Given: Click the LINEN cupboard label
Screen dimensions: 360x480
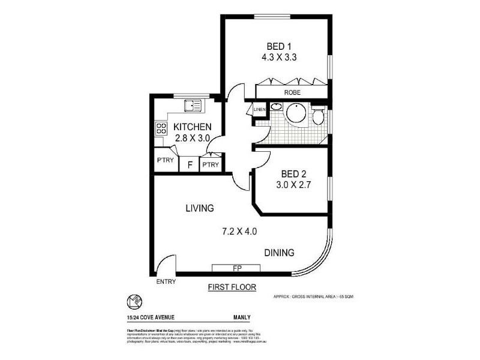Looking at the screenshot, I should (x=259, y=110).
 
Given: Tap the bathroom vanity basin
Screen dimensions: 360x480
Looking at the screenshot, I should (x=276, y=108).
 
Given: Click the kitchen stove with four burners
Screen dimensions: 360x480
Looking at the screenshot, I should (x=161, y=128).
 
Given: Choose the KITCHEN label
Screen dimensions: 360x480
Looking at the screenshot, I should (x=192, y=127).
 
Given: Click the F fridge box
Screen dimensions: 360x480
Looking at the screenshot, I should (x=190, y=164).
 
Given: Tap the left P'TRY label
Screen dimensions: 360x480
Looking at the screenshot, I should (x=165, y=161).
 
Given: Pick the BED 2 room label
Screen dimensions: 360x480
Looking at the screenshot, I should (x=290, y=174).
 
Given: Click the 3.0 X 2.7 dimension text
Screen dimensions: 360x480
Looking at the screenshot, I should (x=290, y=185).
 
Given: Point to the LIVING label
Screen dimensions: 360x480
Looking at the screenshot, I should (x=199, y=208).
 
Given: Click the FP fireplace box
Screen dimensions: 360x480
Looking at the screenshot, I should (x=236, y=268).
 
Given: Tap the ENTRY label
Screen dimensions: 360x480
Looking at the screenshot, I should (x=165, y=282).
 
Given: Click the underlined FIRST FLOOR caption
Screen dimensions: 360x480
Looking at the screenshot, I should (x=232, y=287).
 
